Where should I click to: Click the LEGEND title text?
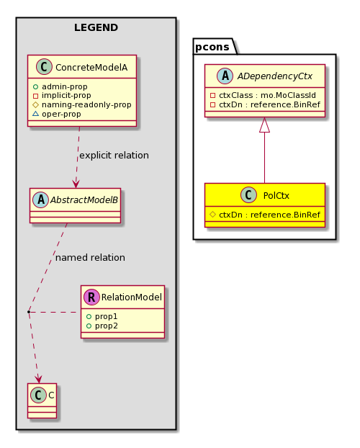coord(96,27)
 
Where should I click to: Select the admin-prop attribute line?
coord(60,86)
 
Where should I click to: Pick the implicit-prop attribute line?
coord(62,95)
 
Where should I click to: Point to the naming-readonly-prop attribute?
coord(82,104)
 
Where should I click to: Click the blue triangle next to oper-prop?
coord(35,114)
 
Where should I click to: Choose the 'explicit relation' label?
coord(114,155)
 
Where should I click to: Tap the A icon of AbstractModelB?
coord(41,200)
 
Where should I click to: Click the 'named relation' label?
coord(90,257)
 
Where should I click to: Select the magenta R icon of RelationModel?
coord(91,297)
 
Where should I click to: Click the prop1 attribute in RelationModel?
coord(102,316)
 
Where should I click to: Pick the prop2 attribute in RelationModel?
coord(102,326)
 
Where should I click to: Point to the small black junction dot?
coord(29,312)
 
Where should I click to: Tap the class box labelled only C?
coord(42,400)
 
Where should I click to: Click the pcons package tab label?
coord(212,47)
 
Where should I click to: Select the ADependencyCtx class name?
coord(275,76)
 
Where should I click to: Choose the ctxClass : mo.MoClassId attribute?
coord(263,95)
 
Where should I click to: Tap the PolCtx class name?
coord(276,195)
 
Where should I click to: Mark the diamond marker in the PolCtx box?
coord(212,215)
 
